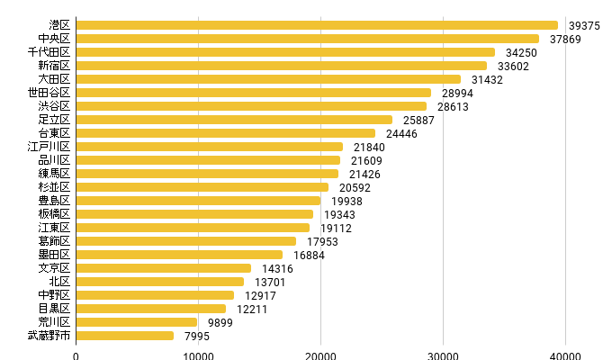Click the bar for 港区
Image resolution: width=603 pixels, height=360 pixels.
[317, 25]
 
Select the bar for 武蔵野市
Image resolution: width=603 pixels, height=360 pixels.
[124, 336]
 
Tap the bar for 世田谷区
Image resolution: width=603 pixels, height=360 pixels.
[254, 93]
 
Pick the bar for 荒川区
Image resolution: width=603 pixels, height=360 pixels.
[137, 322]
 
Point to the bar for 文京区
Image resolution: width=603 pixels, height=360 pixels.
[164, 268]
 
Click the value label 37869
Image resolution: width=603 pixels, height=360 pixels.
[565, 40]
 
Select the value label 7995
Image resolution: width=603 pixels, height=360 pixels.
[197, 337]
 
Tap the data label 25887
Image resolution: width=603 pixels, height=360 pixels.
[418, 121]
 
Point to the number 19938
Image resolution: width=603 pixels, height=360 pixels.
[346, 202]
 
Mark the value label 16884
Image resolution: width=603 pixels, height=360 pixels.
[309, 256]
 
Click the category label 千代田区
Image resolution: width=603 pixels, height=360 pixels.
[49, 52]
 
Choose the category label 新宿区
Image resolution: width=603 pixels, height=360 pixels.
[54, 66]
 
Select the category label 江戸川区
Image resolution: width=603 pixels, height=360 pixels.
[49, 147]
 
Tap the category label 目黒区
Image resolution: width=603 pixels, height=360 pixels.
[54, 309]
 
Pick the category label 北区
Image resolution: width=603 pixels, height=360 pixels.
[59, 282]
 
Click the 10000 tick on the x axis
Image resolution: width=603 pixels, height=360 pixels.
[198, 355]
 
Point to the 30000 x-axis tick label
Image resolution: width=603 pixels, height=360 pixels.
[443, 355]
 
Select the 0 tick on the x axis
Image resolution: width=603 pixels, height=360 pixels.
[76, 355]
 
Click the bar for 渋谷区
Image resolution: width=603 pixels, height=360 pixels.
[251, 106]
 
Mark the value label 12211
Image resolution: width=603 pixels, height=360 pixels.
[252, 310]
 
